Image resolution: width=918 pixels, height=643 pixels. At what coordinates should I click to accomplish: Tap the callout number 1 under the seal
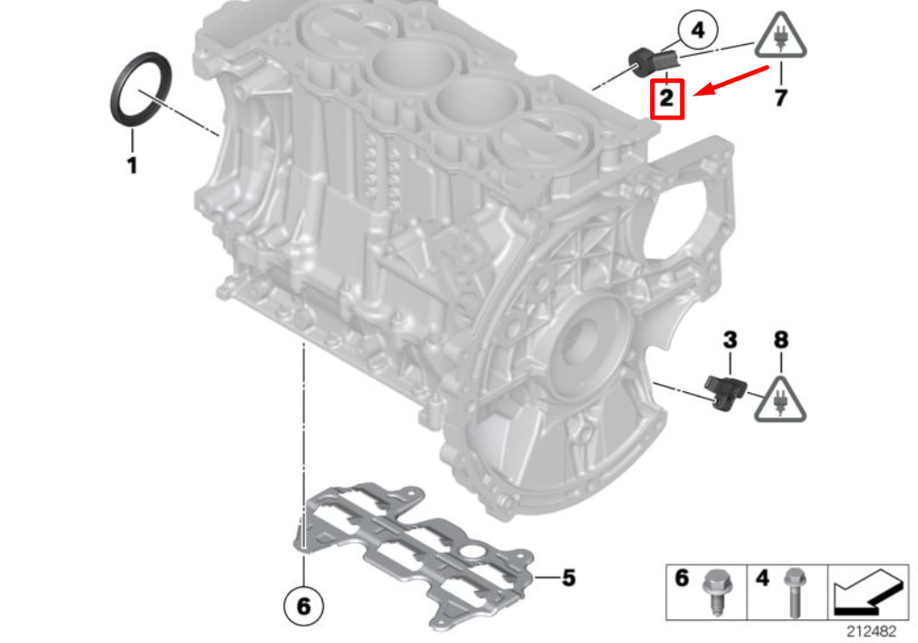point(132,165)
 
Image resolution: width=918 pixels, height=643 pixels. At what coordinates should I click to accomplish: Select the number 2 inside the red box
point(666,97)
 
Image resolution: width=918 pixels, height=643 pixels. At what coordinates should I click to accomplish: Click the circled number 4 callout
point(698,30)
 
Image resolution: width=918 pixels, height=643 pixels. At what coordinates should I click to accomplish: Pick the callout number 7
point(780,97)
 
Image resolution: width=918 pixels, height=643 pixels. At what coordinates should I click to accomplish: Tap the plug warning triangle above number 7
point(780,37)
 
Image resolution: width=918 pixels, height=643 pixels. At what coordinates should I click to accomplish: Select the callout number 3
point(730,340)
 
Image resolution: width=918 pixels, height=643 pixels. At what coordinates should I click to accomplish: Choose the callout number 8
point(781,340)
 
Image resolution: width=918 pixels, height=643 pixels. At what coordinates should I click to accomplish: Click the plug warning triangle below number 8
point(779,400)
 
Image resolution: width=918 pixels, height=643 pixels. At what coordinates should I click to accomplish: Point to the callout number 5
point(568,578)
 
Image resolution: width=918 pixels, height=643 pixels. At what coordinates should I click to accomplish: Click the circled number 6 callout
point(303,605)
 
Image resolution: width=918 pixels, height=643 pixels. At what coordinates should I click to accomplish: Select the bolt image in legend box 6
point(715,592)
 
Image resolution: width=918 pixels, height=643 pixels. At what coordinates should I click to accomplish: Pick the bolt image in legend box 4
point(793,592)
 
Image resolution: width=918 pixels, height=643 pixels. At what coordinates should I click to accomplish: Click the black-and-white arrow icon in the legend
point(868,592)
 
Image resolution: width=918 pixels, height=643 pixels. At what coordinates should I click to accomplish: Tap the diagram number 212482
point(871,631)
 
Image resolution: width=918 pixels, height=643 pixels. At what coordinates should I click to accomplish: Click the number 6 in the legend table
point(682,578)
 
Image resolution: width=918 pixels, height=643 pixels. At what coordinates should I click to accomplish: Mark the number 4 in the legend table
point(762,578)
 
